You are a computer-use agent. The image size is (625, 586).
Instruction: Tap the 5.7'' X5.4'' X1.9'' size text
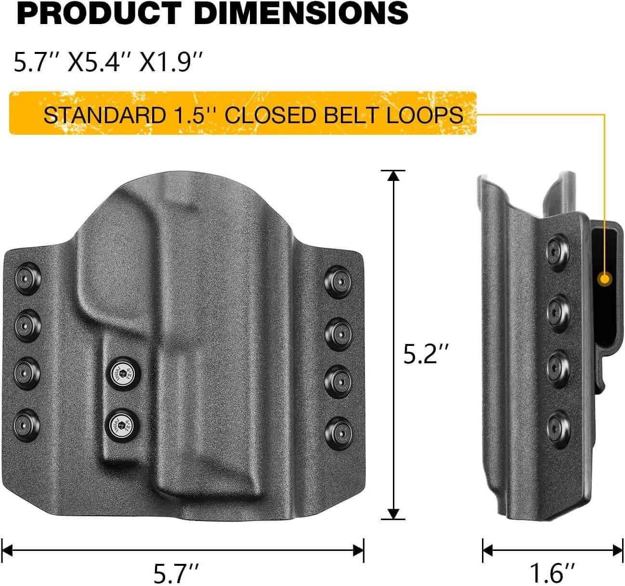[107, 63]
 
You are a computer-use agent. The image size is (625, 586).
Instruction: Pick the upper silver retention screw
[122, 373]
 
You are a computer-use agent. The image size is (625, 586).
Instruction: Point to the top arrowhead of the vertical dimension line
[394, 176]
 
